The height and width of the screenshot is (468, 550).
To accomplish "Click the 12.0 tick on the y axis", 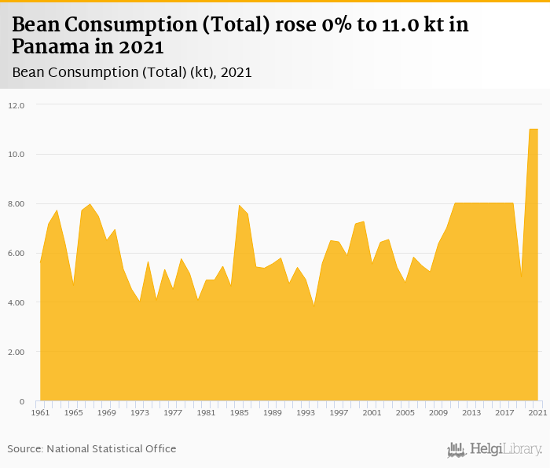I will (x=17, y=105).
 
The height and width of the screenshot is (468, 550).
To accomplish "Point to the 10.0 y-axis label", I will (x=17, y=155).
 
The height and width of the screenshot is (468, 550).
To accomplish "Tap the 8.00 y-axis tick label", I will (x=17, y=204).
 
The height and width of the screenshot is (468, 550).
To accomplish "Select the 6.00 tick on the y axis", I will (x=17, y=254).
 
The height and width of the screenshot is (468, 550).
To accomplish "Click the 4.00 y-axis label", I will (x=17, y=303).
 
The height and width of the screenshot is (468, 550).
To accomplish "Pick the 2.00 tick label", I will (x=17, y=353).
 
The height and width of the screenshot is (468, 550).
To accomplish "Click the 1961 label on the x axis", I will (x=40, y=413).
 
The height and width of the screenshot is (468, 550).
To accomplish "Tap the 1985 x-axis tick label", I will (x=239, y=413).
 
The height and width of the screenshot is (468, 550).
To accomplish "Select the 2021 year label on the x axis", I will (x=537, y=413).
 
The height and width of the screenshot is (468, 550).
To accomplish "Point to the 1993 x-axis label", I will (x=306, y=413).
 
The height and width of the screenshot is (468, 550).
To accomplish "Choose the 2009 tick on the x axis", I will (x=438, y=413).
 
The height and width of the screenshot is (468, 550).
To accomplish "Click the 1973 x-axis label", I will (x=140, y=413).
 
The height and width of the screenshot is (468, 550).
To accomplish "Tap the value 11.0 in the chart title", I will (x=383, y=25).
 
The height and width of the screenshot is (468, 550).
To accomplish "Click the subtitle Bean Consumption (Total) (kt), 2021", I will (x=132, y=72).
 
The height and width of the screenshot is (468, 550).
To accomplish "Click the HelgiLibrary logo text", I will (x=504, y=449).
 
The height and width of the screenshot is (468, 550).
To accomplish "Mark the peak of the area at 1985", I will (x=239, y=205).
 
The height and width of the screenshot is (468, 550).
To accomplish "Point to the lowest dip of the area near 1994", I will (x=313, y=305).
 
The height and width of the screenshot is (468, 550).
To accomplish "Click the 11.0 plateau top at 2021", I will (x=534, y=129).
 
